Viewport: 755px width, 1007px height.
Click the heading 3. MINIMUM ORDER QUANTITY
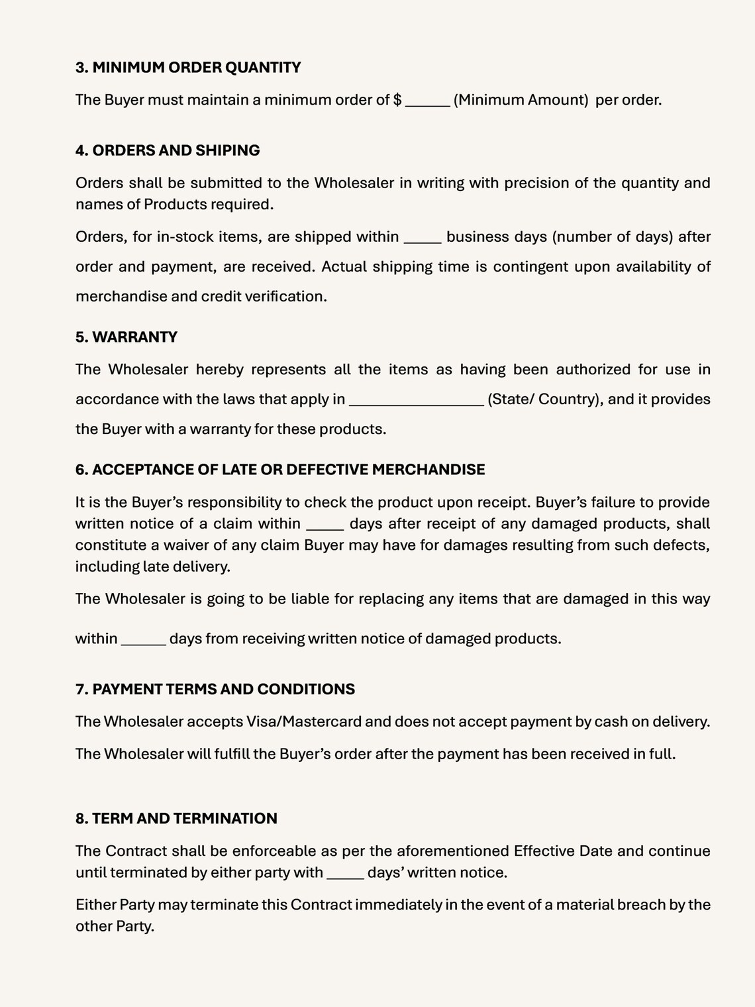pyautogui.click(x=188, y=68)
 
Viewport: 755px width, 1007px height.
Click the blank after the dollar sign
pyautogui.click(x=427, y=101)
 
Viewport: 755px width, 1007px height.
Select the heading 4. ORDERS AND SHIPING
pyautogui.click(x=168, y=150)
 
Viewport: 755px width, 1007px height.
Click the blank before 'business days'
pyautogui.click(x=423, y=238)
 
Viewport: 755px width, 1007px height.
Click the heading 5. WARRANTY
pyautogui.click(x=126, y=337)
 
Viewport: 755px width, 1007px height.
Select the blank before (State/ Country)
pyautogui.click(x=416, y=400)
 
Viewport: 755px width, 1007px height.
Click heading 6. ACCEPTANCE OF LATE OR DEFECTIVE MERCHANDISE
pyautogui.click(x=280, y=470)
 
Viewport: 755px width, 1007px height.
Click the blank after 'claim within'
pyautogui.click(x=325, y=525)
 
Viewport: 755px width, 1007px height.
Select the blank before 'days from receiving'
pyautogui.click(x=143, y=640)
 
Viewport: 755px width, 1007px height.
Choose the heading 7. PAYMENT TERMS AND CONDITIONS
pyautogui.click(x=215, y=689)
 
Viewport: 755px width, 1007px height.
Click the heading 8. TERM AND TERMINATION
pyautogui.click(x=176, y=818)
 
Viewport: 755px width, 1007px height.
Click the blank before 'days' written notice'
pyautogui.click(x=345, y=873)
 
